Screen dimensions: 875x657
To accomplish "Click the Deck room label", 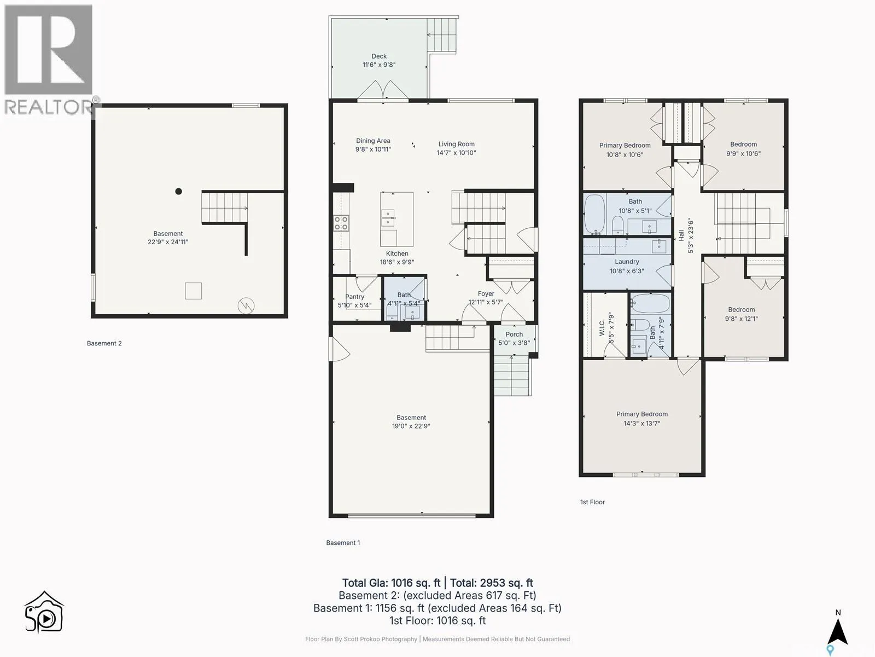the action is [x=378, y=56].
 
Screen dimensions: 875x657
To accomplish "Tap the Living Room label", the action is [x=457, y=144].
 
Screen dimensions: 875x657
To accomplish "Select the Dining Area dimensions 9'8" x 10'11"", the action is [x=373, y=149].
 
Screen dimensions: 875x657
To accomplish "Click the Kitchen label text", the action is [x=397, y=253].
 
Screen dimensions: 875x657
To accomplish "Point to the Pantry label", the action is [x=355, y=296].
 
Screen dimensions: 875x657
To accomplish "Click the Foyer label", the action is [x=486, y=293].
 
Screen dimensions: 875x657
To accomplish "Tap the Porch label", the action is [x=514, y=335].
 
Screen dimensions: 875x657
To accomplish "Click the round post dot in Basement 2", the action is [x=179, y=192].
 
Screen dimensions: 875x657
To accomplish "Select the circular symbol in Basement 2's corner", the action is [x=246, y=306].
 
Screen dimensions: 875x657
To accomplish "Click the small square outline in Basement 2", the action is [x=194, y=291].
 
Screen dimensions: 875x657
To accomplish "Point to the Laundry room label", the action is [x=627, y=262].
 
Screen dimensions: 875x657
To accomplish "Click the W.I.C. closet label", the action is [x=602, y=327].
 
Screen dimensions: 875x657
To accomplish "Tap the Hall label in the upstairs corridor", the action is [x=681, y=235].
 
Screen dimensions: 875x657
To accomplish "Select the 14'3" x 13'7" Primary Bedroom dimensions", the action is [x=642, y=423].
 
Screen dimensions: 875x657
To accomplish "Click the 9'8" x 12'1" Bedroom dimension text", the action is [x=741, y=318].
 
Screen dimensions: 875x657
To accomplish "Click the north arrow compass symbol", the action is [x=838, y=631].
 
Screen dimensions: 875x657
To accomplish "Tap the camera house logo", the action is [x=44, y=612].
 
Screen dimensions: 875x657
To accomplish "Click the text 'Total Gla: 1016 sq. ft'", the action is [x=391, y=583].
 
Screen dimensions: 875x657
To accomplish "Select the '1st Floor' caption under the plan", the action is [x=592, y=502].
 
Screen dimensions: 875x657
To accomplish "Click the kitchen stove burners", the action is [x=341, y=223].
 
